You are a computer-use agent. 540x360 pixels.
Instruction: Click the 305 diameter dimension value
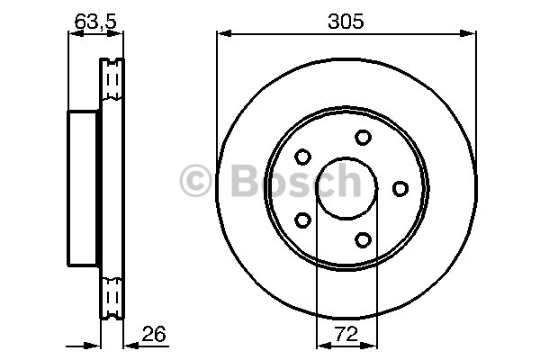coord(346,21)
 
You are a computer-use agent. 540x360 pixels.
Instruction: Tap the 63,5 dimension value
coord(95,22)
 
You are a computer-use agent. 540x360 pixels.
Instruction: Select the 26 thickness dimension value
coord(154,333)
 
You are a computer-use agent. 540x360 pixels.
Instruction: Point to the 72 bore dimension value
coord(346,334)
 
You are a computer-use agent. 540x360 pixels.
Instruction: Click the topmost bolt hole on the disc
coord(363,137)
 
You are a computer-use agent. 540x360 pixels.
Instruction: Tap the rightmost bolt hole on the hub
coord(400,189)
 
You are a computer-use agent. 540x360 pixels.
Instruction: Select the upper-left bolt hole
coord(302,157)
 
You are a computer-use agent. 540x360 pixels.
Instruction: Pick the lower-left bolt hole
coord(302,220)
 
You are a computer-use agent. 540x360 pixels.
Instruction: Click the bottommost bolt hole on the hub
coord(363,239)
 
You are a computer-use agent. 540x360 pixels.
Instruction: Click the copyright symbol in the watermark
coord(195,181)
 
